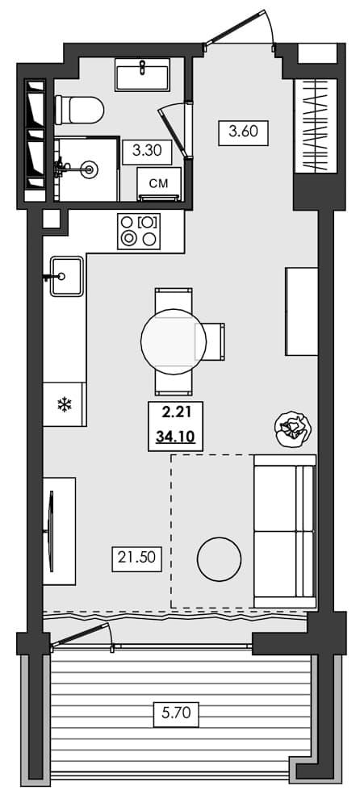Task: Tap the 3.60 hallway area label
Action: click(x=243, y=132)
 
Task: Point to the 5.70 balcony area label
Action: click(x=175, y=713)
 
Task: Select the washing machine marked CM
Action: click(x=160, y=184)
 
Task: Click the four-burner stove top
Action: click(x=138, y=231)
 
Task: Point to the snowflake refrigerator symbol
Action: click(x=64, y=404)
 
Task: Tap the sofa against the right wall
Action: click(x=283, y=531)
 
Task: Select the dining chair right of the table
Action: click(x=214, y=342)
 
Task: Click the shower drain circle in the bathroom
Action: click(x=90, y=169)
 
